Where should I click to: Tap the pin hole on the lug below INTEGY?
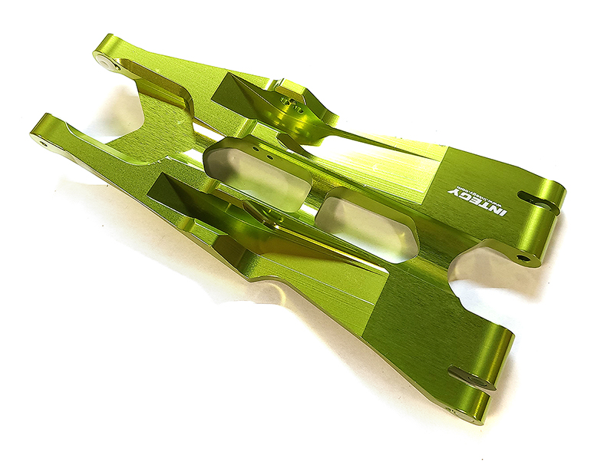[x=523, y=258]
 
